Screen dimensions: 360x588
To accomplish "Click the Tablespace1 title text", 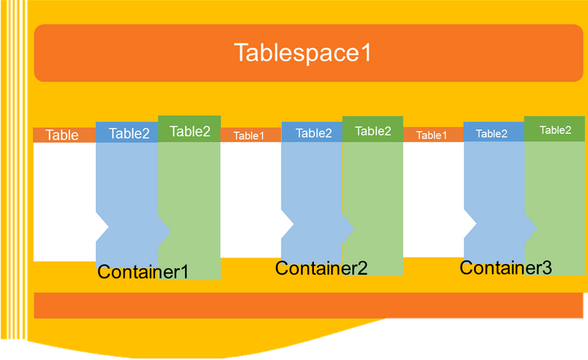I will (303, 53).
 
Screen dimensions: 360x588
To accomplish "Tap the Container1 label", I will (143, 271).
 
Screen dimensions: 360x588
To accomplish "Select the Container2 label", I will (321, 267).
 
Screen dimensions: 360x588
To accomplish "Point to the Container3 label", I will (506, 267).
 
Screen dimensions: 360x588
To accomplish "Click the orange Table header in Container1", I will (63, 135).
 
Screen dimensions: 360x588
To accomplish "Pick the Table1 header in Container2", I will (249, 135).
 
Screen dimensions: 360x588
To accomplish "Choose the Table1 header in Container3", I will (431, 135).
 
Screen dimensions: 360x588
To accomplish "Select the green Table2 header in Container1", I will (190, 132).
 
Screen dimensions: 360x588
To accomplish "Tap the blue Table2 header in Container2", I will (313, 133).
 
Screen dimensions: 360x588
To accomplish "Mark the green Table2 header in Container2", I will (373, 131).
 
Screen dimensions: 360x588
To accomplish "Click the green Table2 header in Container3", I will (555, 129).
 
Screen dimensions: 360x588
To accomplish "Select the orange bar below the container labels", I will (308, 305).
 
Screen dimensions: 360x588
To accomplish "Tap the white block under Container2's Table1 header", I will (250, 199).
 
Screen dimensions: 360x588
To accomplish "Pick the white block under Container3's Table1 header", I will (433, 199).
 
